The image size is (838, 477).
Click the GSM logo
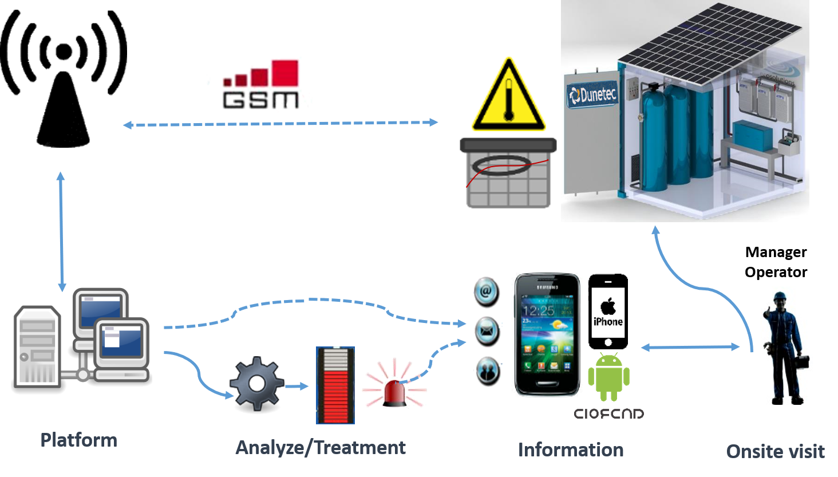tap(259, 88)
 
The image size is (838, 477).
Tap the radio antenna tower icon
tap(63, 80)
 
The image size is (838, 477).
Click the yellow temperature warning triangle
tap(508, 97)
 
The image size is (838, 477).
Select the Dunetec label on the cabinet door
tap(592, 94)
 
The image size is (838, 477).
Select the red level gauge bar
tap(335, 385)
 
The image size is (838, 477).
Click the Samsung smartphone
tap(546, 335)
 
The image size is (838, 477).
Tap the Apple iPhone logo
tap(608, 312)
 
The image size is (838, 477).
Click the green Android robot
tap(608, 376)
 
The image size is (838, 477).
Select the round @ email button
tap(487, 292)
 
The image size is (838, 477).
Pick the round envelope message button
tap(487, 331)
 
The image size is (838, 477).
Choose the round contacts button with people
tap(488, 370)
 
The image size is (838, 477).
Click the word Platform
tap(79, 440)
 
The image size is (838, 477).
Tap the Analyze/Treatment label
tap(321, 447)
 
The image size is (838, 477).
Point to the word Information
tap(571, 450)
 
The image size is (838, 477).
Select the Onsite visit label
tap(775, 451)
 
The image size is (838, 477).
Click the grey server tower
tap(37, 347)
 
